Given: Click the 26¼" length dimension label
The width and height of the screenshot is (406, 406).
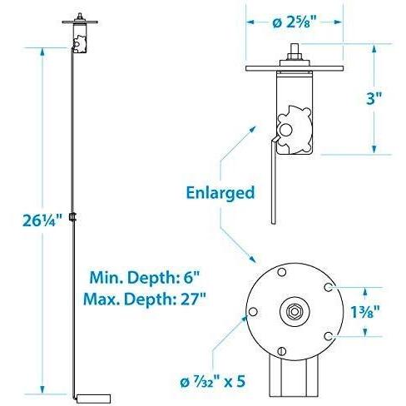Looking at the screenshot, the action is [x=42, y=220].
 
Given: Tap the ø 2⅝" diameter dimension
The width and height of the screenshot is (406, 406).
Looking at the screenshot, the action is [x=295, y=22].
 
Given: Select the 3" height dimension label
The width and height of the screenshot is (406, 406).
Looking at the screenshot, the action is [x=374, y=98].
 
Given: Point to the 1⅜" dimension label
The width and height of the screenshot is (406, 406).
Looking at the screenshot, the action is [x=365, y=312].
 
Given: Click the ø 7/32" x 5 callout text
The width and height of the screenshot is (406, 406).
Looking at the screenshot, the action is [x=213, y=382].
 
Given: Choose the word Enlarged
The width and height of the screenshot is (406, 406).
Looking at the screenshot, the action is [x=220, y=193].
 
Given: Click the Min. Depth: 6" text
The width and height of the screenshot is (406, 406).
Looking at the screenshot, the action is [x=145, y=277].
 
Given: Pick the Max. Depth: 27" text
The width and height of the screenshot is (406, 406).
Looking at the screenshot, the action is [x=145, y=299].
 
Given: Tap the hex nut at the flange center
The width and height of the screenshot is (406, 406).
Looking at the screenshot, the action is [x=295, y=311].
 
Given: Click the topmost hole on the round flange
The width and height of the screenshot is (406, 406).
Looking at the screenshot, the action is [x=281, y=272].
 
